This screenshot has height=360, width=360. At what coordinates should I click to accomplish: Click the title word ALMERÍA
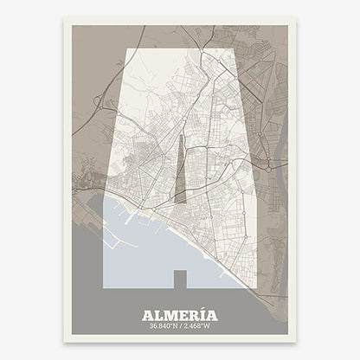[x=179, y=315]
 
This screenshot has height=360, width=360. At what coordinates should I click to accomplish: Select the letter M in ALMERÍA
[x=168, y=315]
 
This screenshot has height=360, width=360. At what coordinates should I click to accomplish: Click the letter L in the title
[x=157, y=315]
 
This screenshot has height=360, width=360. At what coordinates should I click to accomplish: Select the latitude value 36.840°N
[x=161, y=327]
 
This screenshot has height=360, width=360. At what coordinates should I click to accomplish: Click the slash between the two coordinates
[x=181, y=327]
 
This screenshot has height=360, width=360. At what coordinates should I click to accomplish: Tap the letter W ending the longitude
[x=213, y=327]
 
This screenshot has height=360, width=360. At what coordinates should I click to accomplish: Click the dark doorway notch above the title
[x=179, y=279]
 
